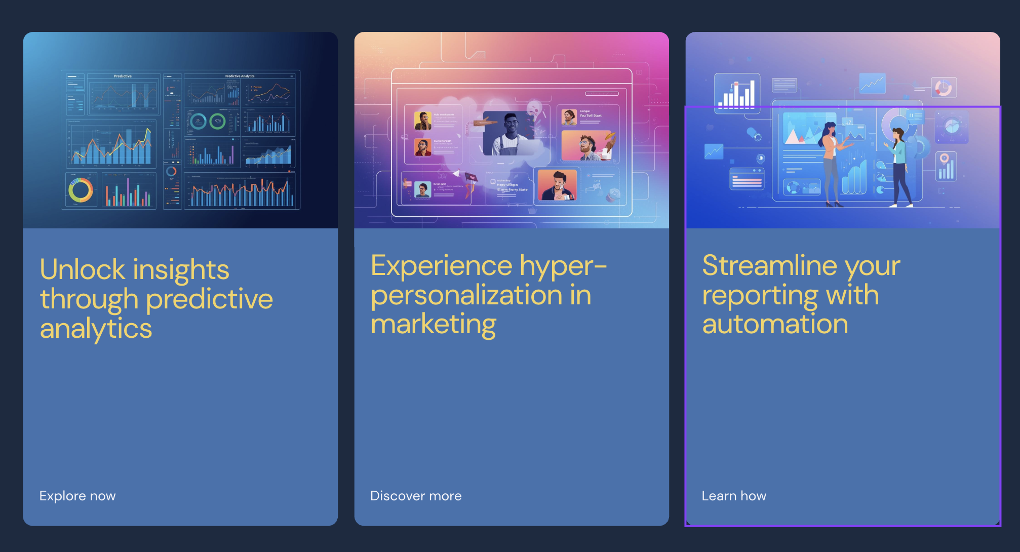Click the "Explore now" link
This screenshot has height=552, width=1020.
coord(77,496)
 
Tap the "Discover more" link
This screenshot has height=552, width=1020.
coord(416,496)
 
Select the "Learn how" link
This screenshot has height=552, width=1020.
coord(734,496)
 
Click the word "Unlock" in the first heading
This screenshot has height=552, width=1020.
coord(83,269)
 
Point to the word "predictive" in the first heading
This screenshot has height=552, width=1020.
coord(210,299)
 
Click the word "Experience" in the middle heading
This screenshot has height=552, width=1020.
coord(442,265)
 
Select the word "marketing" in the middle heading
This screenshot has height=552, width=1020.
coord(434,324)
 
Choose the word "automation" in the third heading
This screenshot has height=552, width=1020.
coord(775,324)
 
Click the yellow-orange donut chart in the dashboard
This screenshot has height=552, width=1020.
coord(81,190)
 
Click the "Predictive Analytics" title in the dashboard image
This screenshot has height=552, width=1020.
coord(240,76)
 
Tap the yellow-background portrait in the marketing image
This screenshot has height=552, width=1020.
coord(422,121)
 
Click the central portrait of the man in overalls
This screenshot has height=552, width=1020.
coord(509,134)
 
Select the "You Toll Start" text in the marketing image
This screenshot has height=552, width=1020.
coord(591,115)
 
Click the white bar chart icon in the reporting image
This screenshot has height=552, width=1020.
coord(737,94)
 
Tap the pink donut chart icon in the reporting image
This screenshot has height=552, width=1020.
coord(943,88)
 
